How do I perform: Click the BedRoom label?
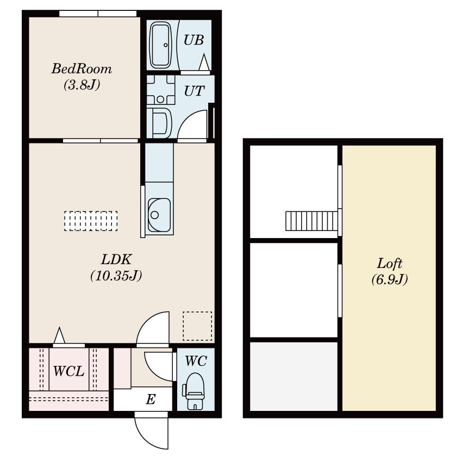82,69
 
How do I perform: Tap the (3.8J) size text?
82,85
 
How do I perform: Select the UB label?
194,40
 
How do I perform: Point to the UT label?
194,91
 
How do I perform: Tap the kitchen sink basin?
159,215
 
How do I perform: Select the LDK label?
116,260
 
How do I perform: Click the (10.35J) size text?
116,276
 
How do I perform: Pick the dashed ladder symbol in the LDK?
91,221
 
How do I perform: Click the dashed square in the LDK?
197,325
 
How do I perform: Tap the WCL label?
68,372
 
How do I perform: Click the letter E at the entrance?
151,400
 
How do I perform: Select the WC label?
196,360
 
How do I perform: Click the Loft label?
390,264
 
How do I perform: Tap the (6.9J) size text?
390,280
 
